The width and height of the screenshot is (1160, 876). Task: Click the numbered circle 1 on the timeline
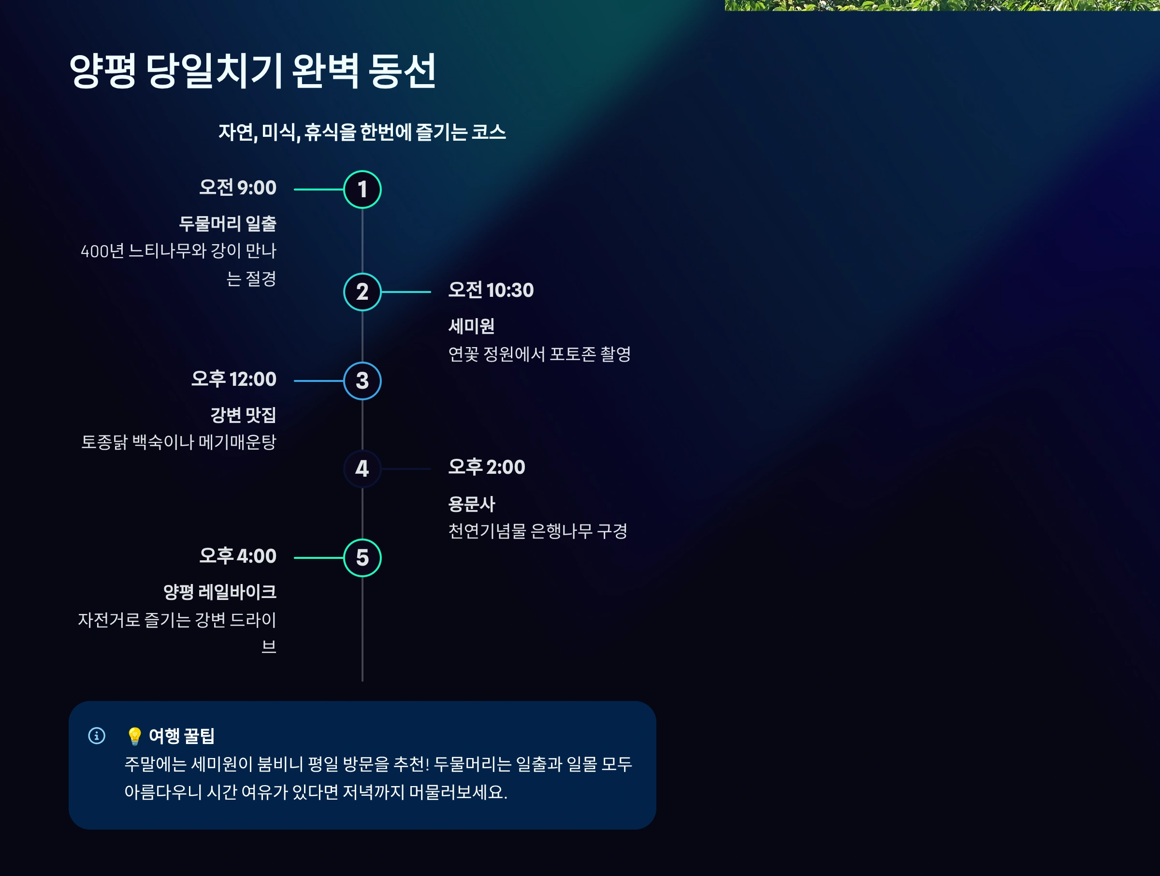point(362,190)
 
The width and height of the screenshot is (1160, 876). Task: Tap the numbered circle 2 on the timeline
point(362,292)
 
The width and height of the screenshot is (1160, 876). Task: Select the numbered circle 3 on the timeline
point(362,381)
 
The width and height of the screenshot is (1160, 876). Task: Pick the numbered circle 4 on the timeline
point(362,469)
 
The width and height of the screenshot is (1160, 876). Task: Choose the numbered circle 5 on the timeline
point(362,557)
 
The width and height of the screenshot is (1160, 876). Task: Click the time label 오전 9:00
point(238,188)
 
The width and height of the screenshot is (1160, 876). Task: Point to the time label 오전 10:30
point(491,290)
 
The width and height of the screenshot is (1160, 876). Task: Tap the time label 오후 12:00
point(234,379)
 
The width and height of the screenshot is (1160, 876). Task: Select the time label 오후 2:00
point(487,467)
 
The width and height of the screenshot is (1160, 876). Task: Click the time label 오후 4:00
point(238,556)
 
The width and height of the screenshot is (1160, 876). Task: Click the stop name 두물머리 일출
point(228,224)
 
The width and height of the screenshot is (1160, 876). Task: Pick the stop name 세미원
point(471,326)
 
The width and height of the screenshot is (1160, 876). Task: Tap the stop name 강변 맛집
point(243,415)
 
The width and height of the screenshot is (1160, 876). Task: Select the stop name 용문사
point(471,504)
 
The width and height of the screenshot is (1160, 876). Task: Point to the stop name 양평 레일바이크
point(220,592)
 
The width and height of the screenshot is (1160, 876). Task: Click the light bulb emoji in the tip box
point(134,736)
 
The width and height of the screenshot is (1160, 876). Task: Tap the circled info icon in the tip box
point(97,735)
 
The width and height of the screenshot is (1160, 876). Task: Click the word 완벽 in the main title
point(325,71)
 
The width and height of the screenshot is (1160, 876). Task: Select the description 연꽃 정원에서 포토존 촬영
point(539,354)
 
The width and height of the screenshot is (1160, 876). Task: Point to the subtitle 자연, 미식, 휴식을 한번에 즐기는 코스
point(362,132)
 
